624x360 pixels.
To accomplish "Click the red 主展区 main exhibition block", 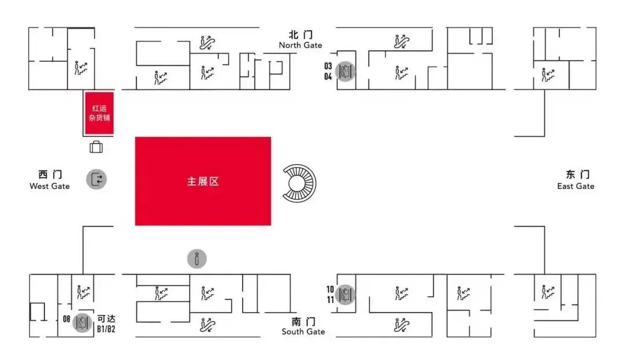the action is coord(203,181).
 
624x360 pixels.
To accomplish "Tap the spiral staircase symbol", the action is coord(300,183).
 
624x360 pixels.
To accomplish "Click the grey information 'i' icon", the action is coord(196,258).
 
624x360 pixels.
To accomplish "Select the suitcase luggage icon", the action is coord(96,147).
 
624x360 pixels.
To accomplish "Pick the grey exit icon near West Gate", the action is coord(96,179).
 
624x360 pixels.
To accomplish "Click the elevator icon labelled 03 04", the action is coord(346,72).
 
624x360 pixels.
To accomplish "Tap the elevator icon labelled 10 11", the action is coord(346,294).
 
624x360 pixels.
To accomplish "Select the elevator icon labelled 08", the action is coord(81,322).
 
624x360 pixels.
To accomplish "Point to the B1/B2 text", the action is coord(106,329).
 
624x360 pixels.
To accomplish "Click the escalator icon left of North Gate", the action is coord(207,42).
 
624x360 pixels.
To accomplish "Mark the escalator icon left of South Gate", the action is coord(207,325).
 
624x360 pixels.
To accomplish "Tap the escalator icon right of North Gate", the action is coord(402,41).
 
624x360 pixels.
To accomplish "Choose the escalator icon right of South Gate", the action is coord(402,325).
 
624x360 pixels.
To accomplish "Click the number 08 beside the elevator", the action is coord(66,318).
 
